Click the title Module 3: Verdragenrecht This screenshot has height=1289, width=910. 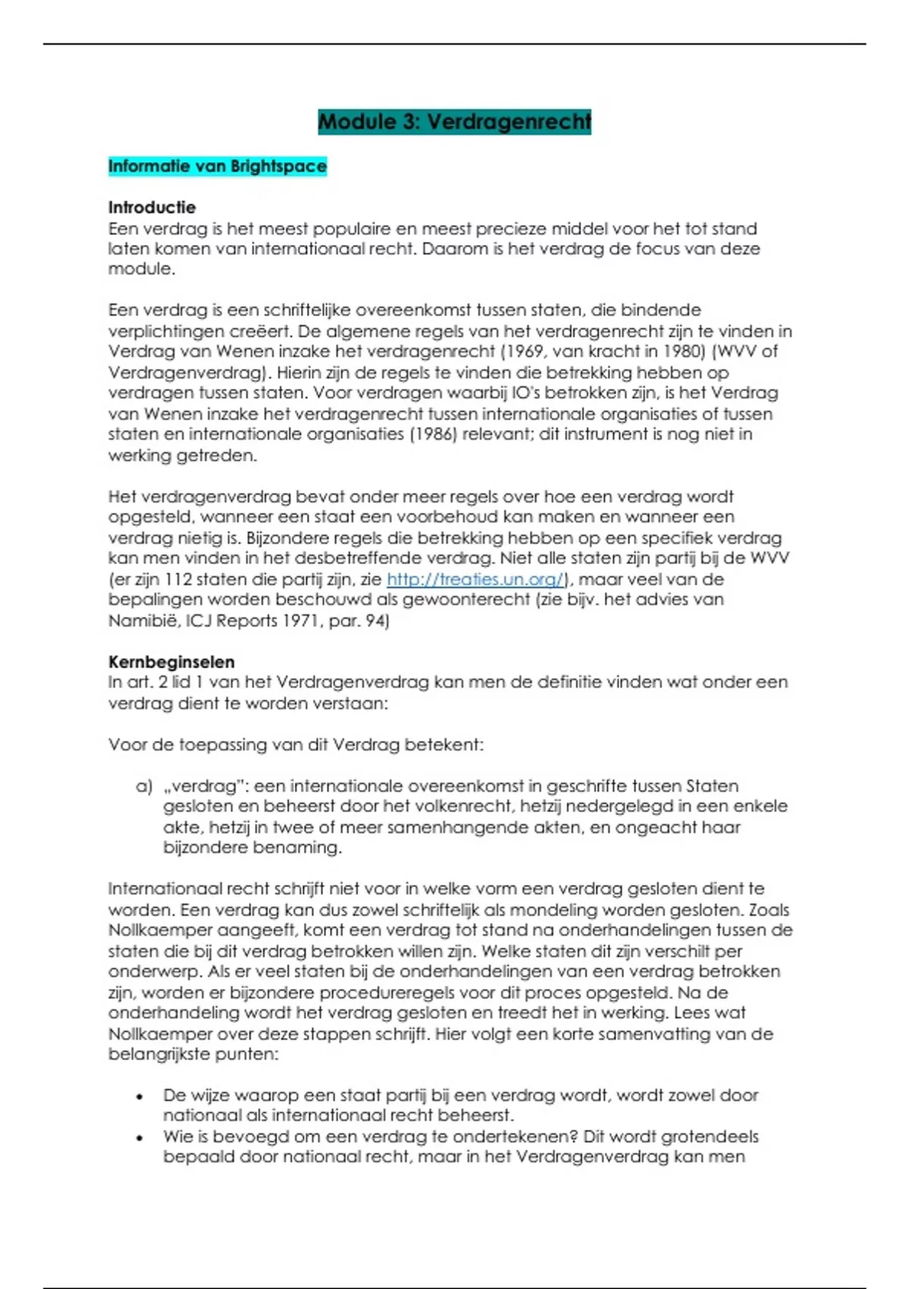click(454, 121)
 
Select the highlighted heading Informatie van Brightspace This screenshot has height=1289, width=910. click(217, 166)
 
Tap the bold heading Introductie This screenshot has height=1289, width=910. click(152, 207)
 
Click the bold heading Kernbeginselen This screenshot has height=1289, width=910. click(171, 661)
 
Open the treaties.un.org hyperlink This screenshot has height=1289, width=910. click(475, 579)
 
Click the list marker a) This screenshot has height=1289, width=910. click(144, 786)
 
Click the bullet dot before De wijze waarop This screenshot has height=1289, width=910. click(140, 1096)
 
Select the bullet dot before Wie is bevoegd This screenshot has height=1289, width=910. click(140, 1137)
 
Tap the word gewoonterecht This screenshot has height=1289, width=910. click(466, 600)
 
